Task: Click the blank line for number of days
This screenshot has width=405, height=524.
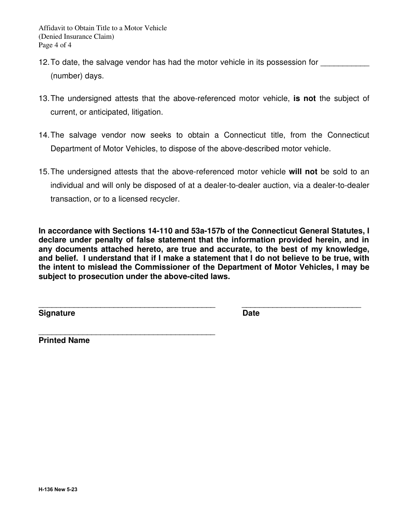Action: click(344, 65)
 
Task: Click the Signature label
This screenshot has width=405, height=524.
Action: click(57, 313)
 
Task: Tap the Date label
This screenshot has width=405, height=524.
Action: click(251, 313)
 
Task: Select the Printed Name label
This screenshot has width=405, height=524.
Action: click(64, 340)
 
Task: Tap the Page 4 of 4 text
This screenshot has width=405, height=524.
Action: click(55, 45)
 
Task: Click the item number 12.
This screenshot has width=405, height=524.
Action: click(43, 63)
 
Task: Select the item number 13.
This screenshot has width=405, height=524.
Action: click(43, 99)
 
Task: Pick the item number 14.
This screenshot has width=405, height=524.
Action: click(43, 135)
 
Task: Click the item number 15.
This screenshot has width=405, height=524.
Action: click(43, 172)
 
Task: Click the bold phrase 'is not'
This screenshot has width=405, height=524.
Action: click(304, 99)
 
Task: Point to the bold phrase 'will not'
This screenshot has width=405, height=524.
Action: click(303, 172)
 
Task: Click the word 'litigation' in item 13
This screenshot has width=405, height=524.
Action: click(146, 112)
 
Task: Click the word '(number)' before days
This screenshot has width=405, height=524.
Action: click(65, 76)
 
